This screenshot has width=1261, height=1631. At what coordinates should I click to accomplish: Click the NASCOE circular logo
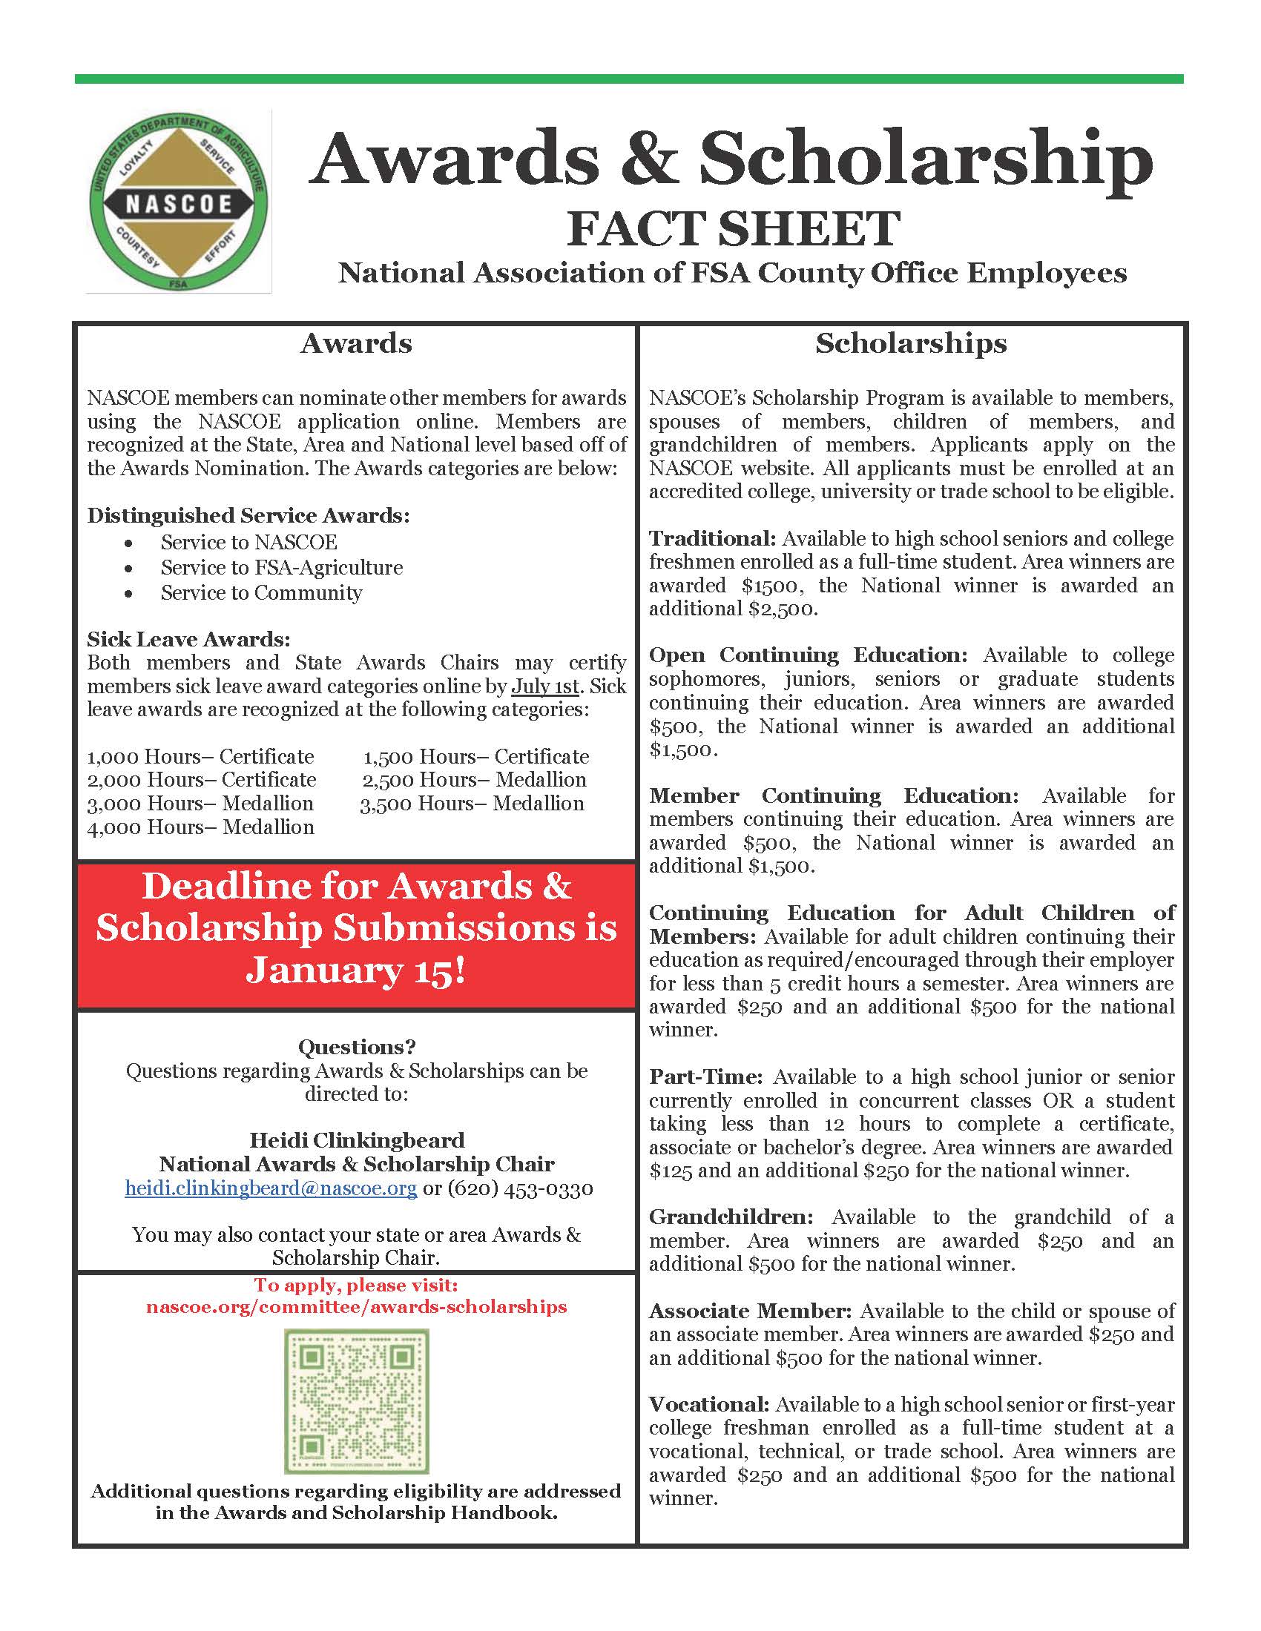pyautogui.click(x=178, y=202)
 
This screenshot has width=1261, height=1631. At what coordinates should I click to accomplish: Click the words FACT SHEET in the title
pyautogui.click(x=733, y=228)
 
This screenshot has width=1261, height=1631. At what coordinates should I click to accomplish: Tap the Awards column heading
pyautogui.click(x=356, y=343)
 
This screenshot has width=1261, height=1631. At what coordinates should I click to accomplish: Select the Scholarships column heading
pyautogui.click(x=911, y=343)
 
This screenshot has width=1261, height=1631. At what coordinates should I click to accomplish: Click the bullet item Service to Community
pyautogui.click(x=260, y=593)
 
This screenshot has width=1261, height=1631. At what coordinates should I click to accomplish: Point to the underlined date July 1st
pyautogui.click(x=544, y=687)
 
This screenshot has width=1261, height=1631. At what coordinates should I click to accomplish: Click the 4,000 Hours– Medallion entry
pyautogui.click(x=200, y=827)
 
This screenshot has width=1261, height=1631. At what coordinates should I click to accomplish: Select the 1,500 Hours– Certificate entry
pyautogui.click(x=476, y=757)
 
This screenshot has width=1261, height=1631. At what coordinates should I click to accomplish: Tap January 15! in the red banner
pyautogui.click(x=355, y=970)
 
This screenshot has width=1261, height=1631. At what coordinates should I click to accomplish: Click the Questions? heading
pyautogui.click(x=356, y=1047)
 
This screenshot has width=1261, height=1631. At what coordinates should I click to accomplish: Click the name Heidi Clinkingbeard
pyautogui.click(x=356, y=1140)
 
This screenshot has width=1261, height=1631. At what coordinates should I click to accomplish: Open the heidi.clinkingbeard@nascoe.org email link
pyautogui.click(x=271, y=1188)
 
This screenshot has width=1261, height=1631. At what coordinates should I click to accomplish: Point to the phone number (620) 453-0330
pyautogui.click(x=520, y=1188)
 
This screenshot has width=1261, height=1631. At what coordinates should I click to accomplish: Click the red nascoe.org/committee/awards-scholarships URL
pyautogui.click(x=356, y=1307)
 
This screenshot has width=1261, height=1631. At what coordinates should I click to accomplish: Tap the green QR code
pyautogui.click(x=356, y=1401)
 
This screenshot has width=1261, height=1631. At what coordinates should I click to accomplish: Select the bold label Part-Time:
pyautogui.click(x=705, y=1077)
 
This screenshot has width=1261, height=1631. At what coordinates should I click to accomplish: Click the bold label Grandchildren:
pyautogui.click(x=731, y=1217)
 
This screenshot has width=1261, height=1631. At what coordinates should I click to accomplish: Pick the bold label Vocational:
pyautogui.click(x=708, y=1405)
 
